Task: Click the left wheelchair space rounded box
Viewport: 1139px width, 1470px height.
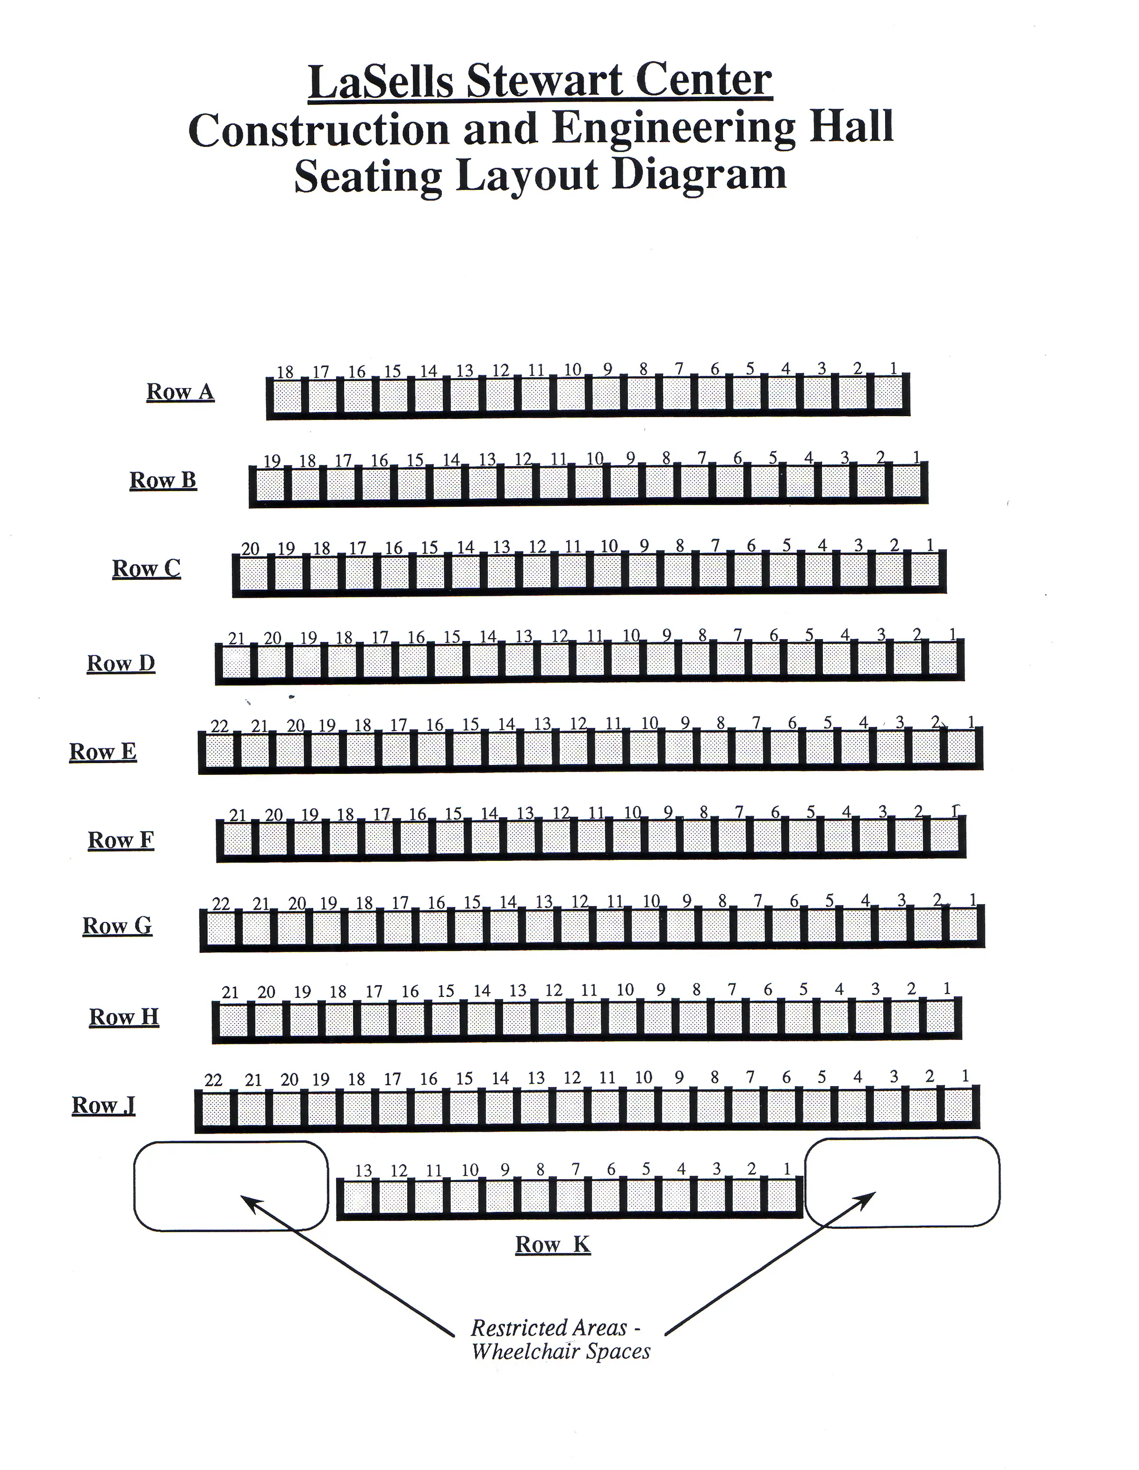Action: pyautogui.click(x=231, y=1185)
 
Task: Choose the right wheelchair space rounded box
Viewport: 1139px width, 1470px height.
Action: pyautogui.click(x=902, y=1182)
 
